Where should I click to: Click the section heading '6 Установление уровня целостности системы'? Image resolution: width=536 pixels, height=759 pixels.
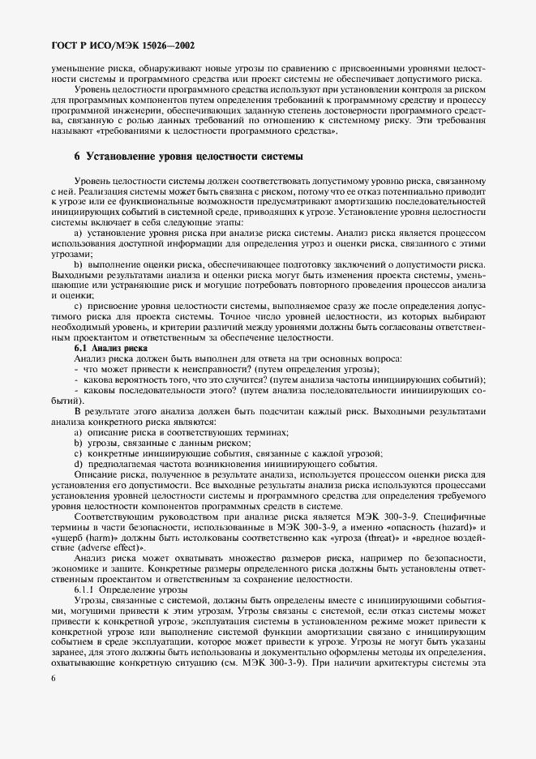(x=188, y=155)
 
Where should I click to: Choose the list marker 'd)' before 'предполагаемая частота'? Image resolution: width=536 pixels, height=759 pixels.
(x=79, y=463)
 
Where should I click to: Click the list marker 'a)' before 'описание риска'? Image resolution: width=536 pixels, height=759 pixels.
(x=79, y=432)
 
